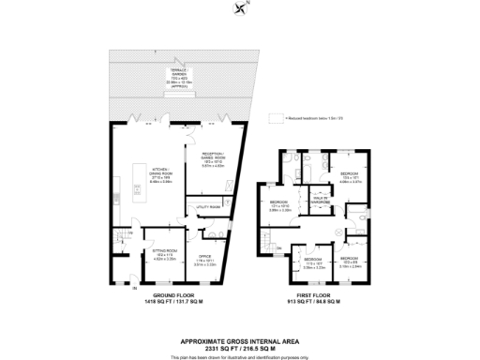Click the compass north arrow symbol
tap(243, 10)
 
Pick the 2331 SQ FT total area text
tap(240, 333)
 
